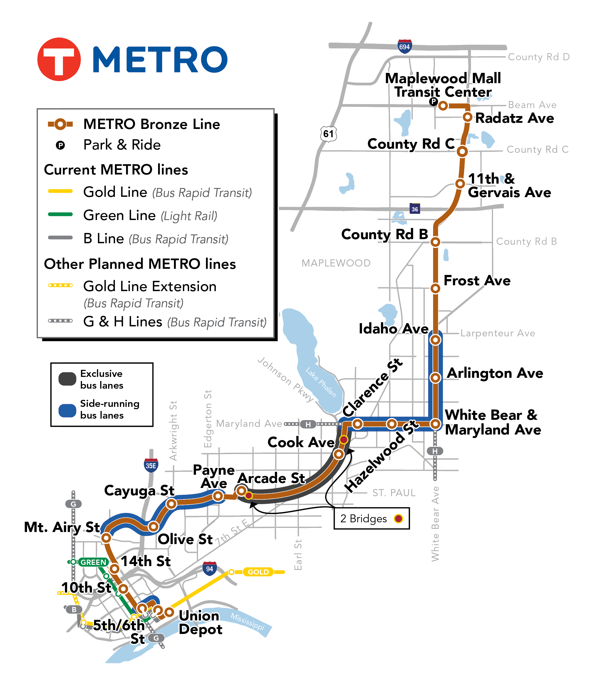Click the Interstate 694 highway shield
click(404, 46)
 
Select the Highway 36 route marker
click(415, 209)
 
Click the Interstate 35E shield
click(151, 466)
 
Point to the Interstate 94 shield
click(209, 569)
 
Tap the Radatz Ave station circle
click(467, 117)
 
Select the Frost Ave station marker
click(435, 288)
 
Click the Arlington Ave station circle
click(435, 377)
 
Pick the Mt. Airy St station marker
click(106, 538)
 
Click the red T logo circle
click(59, 59)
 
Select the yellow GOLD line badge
click(258, 572)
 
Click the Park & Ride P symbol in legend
click(60, 145)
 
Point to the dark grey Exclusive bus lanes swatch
click(67, 379)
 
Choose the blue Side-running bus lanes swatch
click(67, 410)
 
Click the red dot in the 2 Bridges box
click(398, 518)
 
